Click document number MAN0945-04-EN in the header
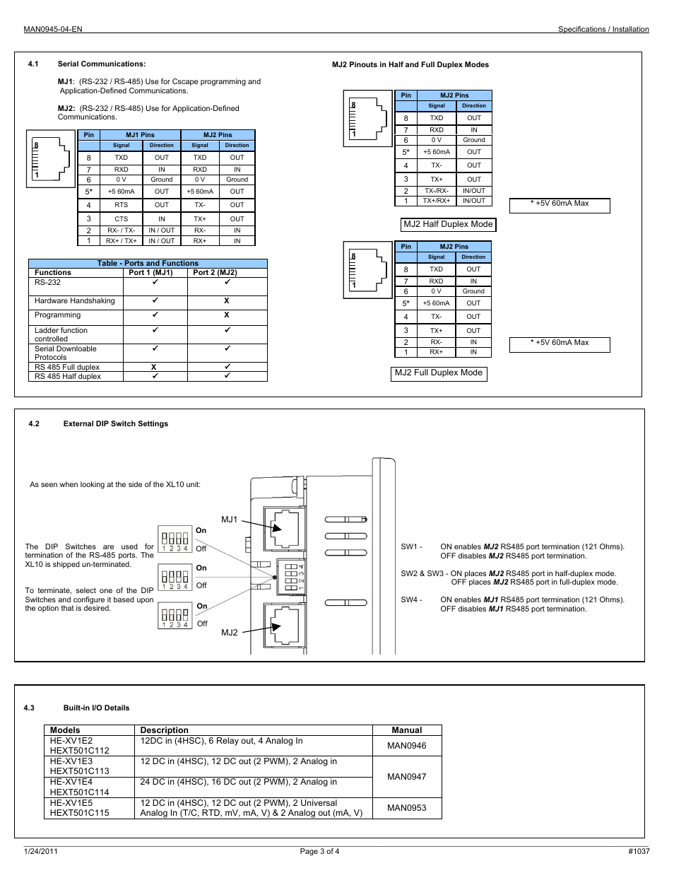(53, 29)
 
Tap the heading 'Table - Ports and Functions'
(148, 263)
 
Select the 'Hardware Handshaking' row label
(74, 301)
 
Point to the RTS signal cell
(122, 205)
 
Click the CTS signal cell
(122, 219)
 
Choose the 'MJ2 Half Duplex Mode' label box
(448, 224)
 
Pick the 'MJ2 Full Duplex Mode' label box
(439, 373)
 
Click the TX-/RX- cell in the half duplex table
(437, 191)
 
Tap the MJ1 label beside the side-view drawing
(230, 520)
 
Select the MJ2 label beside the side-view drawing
(230, 633)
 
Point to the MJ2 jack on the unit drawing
(285, 624)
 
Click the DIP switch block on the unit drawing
(291, 576)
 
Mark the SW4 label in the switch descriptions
(410, 600)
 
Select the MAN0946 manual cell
(407, 746)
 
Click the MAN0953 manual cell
(407, 808)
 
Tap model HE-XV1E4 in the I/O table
(71, 782)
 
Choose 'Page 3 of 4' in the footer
(319, 851)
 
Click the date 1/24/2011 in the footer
(41, 851)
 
